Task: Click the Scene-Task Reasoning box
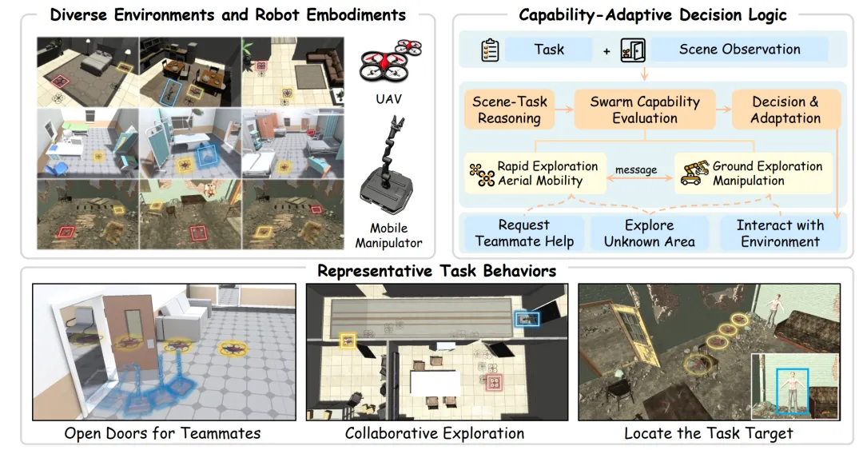coord(509,110)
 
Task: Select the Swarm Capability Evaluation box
coord(645,110)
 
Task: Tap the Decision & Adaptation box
coord(785,110)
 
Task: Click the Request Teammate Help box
coord(524,233)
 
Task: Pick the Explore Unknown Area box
coord(650,233)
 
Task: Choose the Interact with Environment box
coord(780,233)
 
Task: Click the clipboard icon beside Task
coord(489,50)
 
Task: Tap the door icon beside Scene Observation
coord(633,50)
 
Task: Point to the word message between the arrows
coord(636,170)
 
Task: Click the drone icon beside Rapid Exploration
coord(482,174)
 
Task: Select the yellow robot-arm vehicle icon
coord(694,172)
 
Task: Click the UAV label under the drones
coord(388,99)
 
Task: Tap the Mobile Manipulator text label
coord(388,236)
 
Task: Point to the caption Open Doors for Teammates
coord(162,433)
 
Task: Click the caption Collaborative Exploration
coord(435,433)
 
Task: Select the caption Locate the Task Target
coord(708,433)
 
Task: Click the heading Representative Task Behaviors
coord(437,271)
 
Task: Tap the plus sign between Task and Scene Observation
coord(606,51)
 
